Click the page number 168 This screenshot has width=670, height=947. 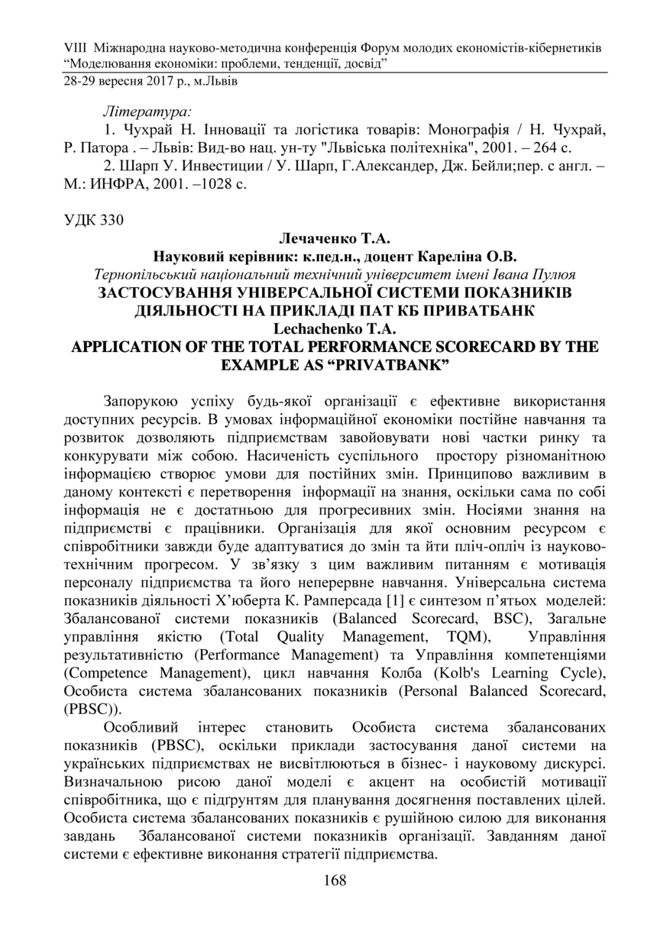point(335,881)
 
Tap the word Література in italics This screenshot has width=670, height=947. point(147,110)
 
